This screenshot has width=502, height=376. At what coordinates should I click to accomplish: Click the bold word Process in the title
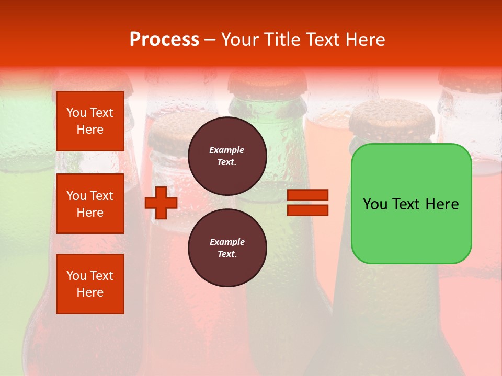[x=164, y=40]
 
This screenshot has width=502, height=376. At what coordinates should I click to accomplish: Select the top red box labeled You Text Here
[x=90, y=121]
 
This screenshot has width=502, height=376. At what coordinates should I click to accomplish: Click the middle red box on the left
[x=90, y=204]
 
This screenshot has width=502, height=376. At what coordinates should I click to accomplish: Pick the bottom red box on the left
[x=90, y=284]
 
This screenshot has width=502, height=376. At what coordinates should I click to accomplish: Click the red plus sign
[x=161, y=203]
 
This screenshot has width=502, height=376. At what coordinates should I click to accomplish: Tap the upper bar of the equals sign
[x=307, y=195]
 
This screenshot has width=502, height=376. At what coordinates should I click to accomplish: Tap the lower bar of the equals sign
[x=307, y=210]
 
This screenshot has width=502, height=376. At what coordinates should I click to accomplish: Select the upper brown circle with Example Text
[x=227, y=156]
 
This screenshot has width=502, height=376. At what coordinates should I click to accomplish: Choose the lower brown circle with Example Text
[x=227, y=248]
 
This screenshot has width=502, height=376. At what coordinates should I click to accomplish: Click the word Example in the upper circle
[x=227, y=150]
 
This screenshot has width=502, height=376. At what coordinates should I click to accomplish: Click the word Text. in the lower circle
[x=227, y=254]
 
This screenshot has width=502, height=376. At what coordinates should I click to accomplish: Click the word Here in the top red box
[x=90, y=130]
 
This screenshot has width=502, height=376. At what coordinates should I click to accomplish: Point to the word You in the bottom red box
[x=76, y=276]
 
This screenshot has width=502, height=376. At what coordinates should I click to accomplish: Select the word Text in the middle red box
[x=101, y=196]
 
